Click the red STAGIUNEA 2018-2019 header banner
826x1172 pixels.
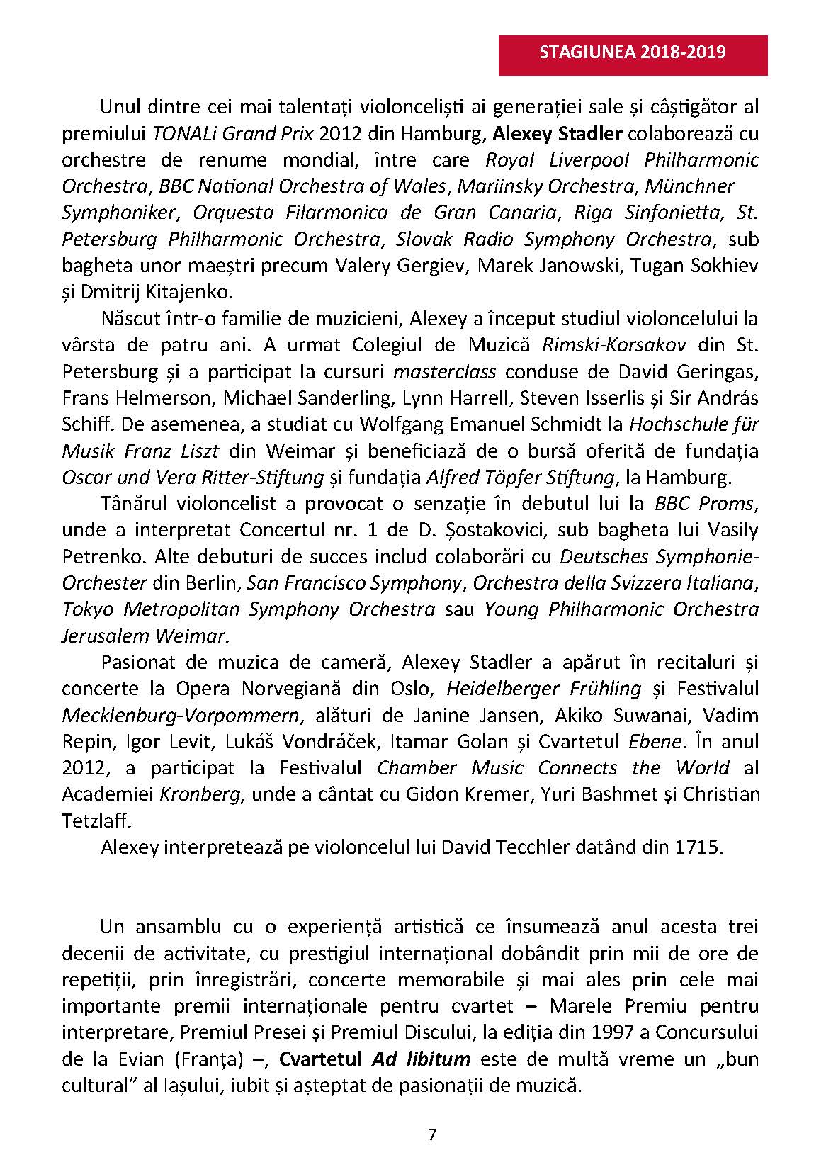633,52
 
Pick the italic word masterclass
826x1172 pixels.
445,371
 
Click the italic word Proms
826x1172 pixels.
730,504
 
